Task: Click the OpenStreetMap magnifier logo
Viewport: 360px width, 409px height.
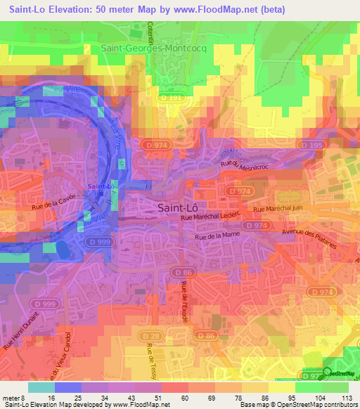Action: [328, 373]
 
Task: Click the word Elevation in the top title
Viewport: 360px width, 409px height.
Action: [80, 8]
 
